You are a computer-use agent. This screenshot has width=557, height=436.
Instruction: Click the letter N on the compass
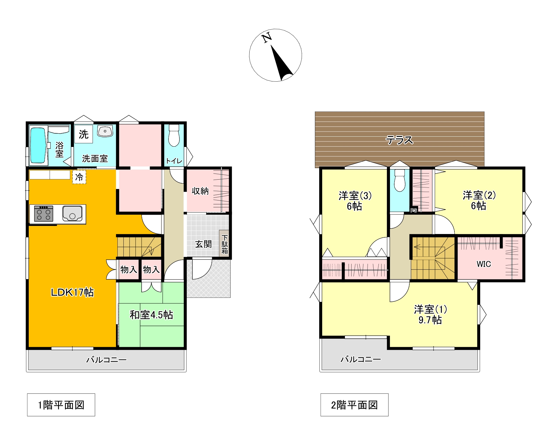[x=267, y=38]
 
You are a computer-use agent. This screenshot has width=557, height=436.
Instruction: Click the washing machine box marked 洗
[x=84, y=134]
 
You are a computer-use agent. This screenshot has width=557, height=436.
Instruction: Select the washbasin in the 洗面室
[x=105, y=131]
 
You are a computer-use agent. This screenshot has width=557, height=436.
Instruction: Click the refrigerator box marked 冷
[x=79, y=177]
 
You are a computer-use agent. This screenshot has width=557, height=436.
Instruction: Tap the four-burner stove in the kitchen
[x=44, y=214]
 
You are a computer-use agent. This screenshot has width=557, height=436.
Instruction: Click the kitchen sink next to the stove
[x=72, y=213]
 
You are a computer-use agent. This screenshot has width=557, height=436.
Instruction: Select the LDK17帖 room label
[x=72, y=292]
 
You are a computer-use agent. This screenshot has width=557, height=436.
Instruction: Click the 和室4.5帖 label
[x=151, y=315]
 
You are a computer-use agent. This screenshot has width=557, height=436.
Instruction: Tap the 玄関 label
[x=203, y=244]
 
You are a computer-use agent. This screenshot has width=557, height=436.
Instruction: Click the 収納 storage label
[x=200, y=191]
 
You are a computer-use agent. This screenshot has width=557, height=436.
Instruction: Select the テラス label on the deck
[x=399, y=140]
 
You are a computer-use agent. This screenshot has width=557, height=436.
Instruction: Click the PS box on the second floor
[x=414, y=210]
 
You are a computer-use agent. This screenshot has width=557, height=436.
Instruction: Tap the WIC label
[x=484, y=264]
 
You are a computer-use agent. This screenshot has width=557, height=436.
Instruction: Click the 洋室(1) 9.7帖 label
[x=430, y=314]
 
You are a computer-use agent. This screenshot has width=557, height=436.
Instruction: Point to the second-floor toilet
[x=400, y=181]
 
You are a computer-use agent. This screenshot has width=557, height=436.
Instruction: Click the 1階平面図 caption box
[x=61, y=405]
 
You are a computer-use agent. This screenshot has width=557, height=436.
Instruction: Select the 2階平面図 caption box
[x=354, y=405]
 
